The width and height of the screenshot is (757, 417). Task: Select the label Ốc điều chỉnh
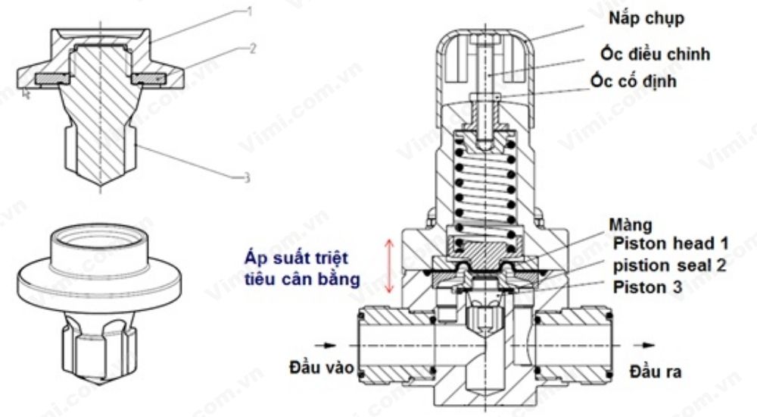click(656, 55)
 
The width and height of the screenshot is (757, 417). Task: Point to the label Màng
click(634, 227)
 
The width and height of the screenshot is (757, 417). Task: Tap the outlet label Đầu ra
click(656, 373)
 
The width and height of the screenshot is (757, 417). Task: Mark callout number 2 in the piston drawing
click(253, 47)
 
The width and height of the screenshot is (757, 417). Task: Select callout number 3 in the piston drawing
click(247, 179)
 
